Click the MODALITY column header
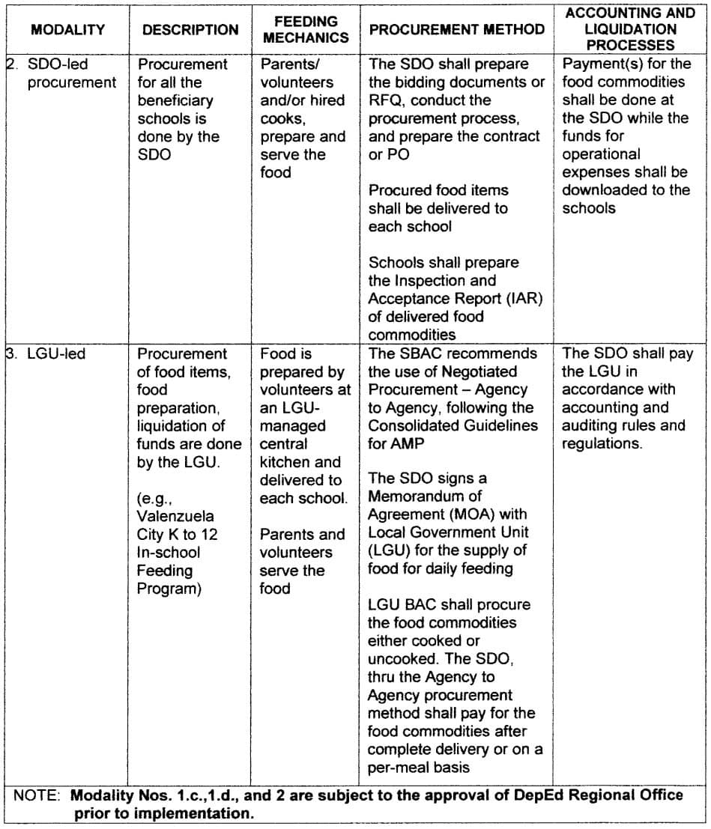(67, 30)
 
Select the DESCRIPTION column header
(190, 30)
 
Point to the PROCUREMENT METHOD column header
(456, 30)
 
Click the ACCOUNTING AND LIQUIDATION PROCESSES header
(630, 29)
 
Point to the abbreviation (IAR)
(524, 299)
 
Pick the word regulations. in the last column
(602, 444)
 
